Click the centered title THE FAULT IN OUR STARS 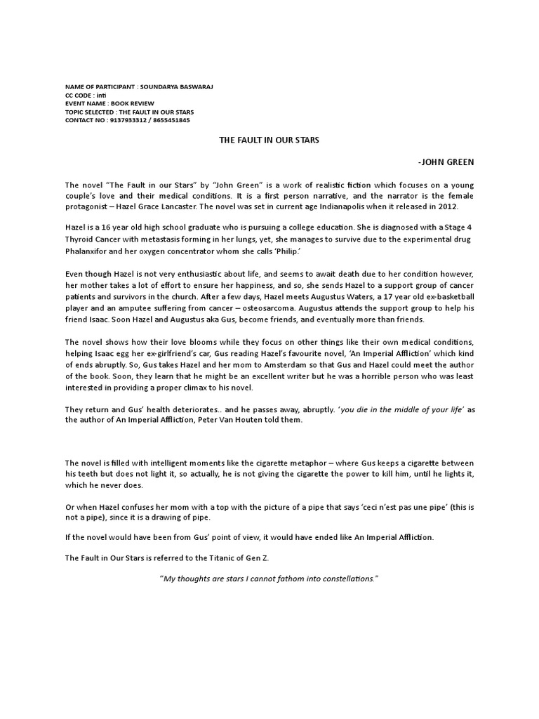tap(269, 140)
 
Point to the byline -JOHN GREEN tap(446, 162)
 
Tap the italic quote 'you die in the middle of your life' tap(400, 410)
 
